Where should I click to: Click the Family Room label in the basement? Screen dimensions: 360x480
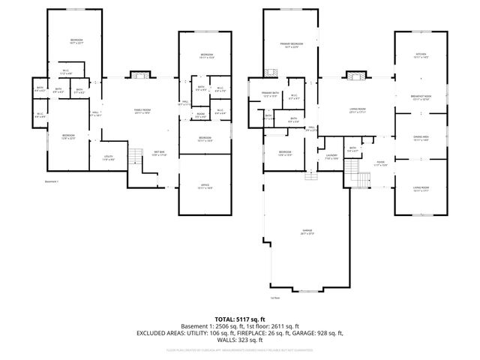coord(142,112)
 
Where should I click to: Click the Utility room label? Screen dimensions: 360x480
coord(109,157)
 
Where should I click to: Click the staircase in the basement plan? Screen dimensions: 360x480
coord(135,158)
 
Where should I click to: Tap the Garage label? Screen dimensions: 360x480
coord(307,232)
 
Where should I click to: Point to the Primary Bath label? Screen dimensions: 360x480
coord(271,94)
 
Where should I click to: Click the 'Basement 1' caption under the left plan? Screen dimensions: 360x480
coord(51,181)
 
